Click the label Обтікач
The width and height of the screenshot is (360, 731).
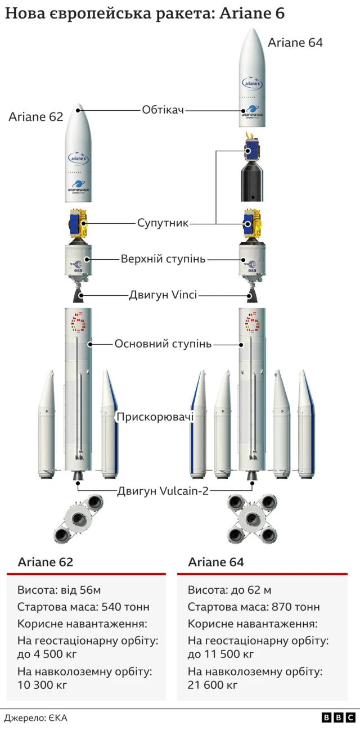pos(163,110)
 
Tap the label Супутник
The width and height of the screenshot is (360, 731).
pos(163,223)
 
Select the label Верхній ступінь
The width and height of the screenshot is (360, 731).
pos(163,259)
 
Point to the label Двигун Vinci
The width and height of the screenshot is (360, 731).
pos(163,295)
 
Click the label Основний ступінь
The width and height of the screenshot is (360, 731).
pos(163,343)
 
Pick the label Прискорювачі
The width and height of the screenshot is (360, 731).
pos(155,417)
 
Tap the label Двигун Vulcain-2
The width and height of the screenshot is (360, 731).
pos(163,491)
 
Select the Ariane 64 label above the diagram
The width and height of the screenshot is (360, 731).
pos(295,42)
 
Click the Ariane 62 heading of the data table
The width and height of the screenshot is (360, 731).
pos(46,562)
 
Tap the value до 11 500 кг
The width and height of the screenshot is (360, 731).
pos(221,654)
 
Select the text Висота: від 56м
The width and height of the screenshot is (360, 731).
pos(59,590)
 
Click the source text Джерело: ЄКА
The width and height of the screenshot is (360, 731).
pos(35,718)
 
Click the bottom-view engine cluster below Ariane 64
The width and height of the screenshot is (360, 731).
pos(251,517)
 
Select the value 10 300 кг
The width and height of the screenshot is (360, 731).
pos(42,685)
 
